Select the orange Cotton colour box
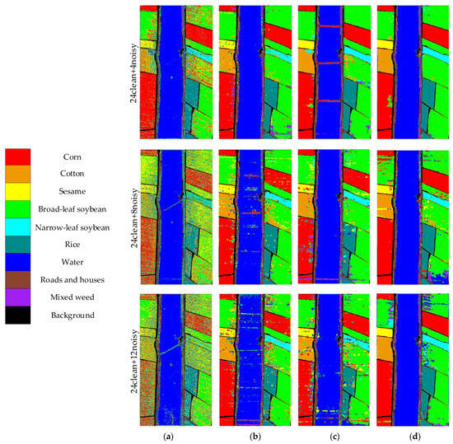[x=19, y=173]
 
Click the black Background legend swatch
[x=19, y=315]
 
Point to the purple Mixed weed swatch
[x=19, y=297]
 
